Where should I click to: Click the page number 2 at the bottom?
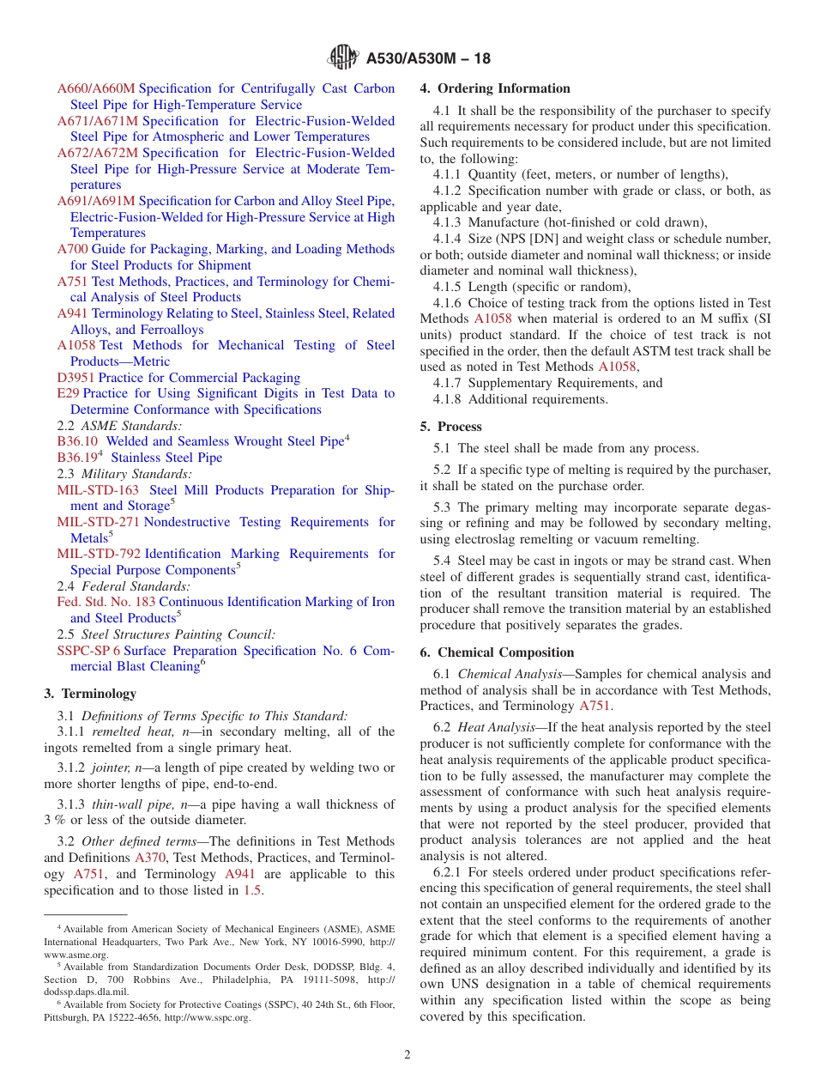[407, 1055]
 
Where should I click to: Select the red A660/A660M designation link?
[96, 88]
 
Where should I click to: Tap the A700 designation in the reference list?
[72, 249]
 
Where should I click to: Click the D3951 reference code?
[75, 378]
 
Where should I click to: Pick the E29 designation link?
[68, 393]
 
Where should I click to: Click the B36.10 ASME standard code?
[77, 441]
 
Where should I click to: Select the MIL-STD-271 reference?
[99, 522]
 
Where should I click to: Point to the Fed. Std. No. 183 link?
[106, 602]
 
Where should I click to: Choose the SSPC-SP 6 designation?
[88, 651]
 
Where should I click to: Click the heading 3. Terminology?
[90, 694]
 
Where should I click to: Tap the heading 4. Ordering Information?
[495, 88]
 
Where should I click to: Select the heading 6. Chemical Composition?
[497, 652]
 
